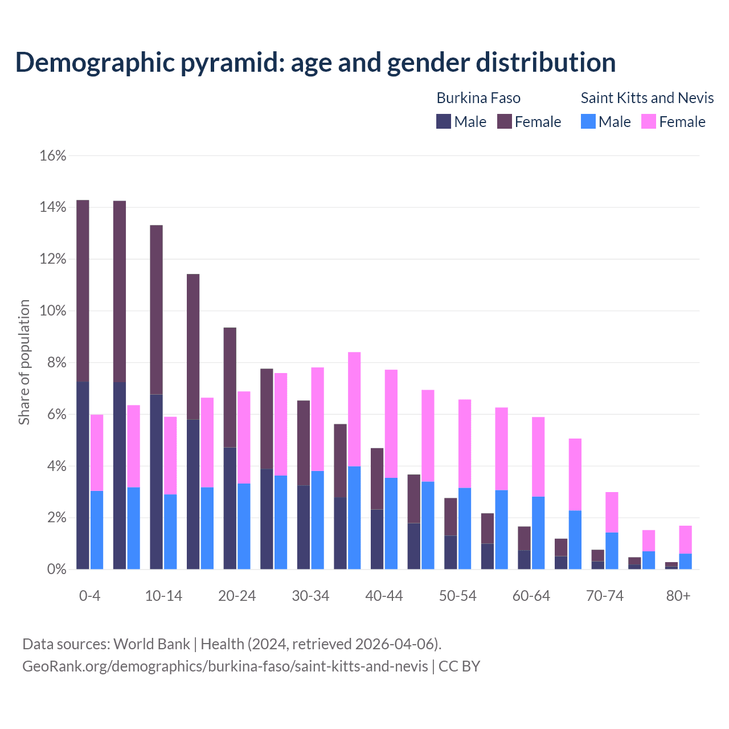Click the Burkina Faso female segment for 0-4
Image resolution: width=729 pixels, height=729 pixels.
(83, 290)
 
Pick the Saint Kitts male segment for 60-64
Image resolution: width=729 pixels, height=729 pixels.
(538, 533)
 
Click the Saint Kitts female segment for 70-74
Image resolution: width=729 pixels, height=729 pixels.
(612, 512)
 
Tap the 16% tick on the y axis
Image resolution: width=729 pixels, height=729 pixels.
(53, 155)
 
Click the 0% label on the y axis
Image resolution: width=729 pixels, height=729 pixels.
(56, 570)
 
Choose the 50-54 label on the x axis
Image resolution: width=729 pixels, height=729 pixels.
(458, 596)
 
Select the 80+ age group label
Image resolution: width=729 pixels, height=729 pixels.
(678, 596)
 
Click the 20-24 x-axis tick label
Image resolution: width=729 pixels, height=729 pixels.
(237, 596)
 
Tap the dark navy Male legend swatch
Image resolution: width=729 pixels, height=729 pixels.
(444, 121)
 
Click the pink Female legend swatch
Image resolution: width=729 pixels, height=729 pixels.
(649, 121)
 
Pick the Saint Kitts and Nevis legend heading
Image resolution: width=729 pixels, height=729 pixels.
(647, 98)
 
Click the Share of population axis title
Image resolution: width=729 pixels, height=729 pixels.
(24, 363)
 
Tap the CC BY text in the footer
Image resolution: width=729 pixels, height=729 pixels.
(459, 666)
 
